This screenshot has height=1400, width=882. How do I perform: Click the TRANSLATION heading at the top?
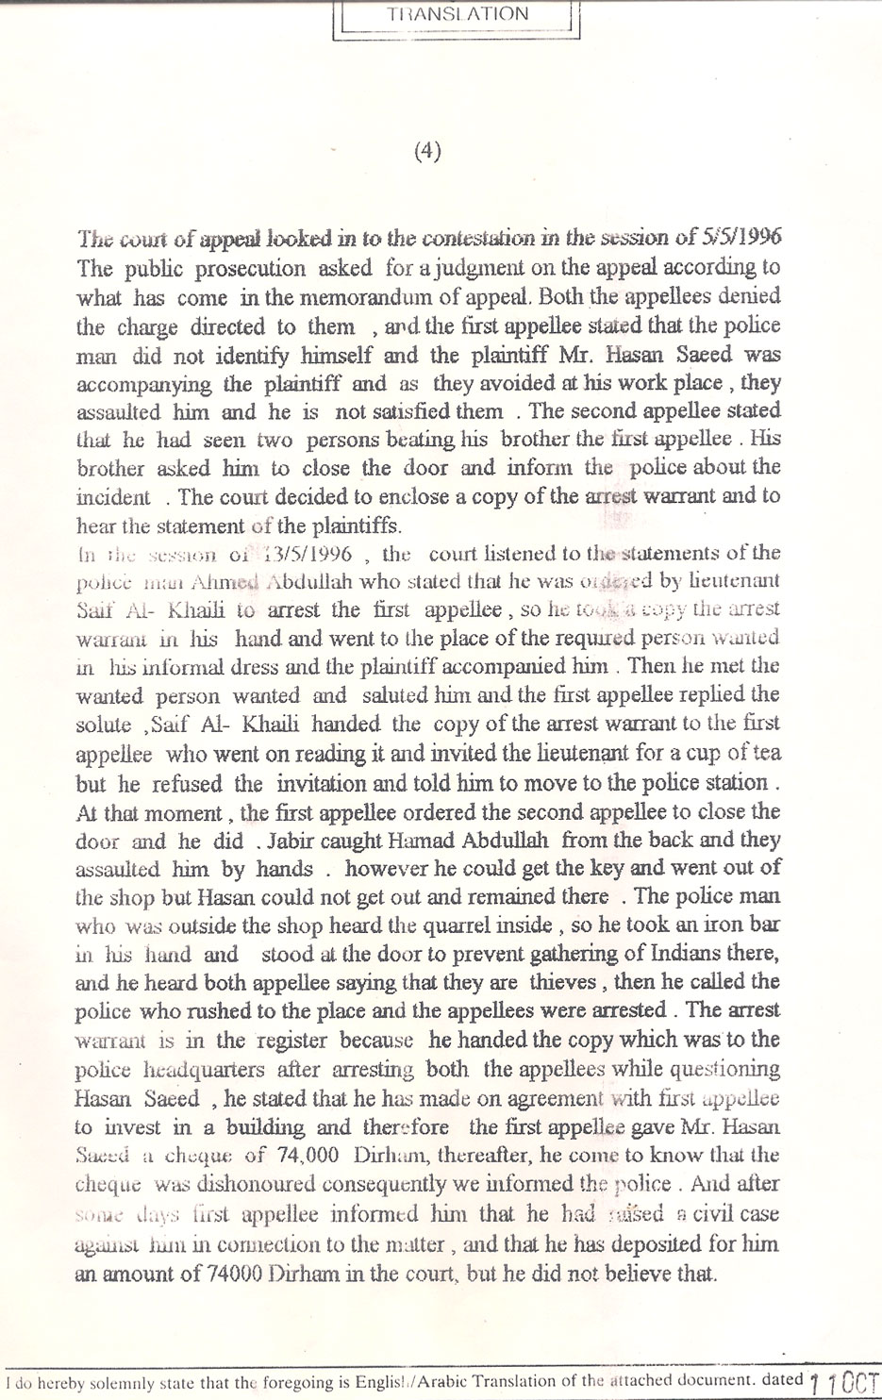(457, 14)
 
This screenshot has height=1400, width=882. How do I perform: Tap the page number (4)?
(427, 152)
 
